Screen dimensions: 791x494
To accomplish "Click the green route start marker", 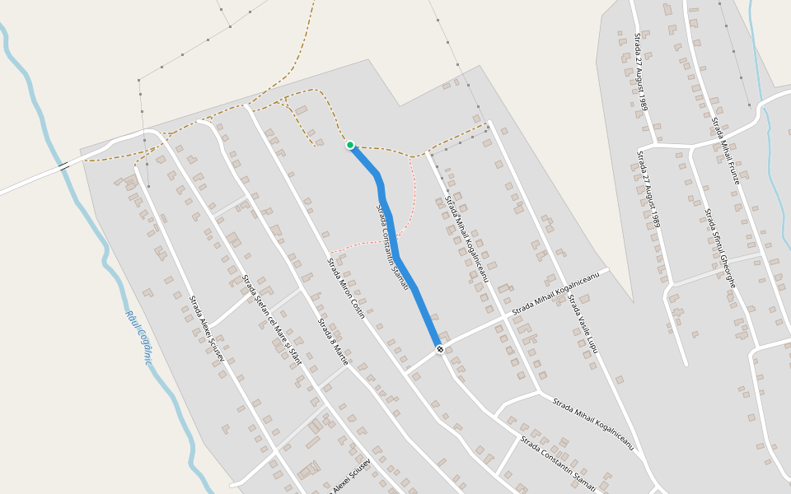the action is (350, 145).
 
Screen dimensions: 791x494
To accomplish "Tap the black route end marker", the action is (440, 349).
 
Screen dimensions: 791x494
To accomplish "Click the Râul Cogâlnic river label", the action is (140, 338).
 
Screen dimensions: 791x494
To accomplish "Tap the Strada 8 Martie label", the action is (334, 342).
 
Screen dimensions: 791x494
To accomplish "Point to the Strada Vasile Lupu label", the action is (583, 324).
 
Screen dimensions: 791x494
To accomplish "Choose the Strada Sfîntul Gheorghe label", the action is (719, 248).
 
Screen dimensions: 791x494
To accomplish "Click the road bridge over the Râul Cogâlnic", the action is (63, 166).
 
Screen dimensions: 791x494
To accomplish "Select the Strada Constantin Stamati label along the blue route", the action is (392, 247).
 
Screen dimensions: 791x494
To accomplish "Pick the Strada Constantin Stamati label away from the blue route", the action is (558, 465).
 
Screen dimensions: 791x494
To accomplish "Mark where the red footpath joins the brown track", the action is (411, 156).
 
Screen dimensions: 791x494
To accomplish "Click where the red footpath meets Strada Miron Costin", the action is (329, 253).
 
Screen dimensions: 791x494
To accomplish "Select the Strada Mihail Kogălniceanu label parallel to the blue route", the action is (467, 239).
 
